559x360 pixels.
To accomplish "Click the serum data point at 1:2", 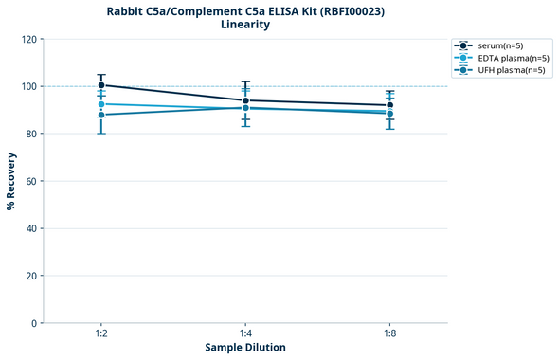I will tap(101, 85).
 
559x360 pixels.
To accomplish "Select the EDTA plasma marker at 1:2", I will tap(101, 104).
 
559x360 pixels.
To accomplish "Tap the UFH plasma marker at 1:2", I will tap(101, 115).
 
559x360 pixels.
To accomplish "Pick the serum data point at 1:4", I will tap(245, 100).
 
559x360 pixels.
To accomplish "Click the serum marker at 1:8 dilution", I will tap(389, 105).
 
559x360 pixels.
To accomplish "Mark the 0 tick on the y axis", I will tap(35, 323).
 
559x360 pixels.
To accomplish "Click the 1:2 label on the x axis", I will tap(101, 334).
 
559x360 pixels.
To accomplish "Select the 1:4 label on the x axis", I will tap(245, 334).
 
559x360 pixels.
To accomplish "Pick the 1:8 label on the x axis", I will tap(389, 334).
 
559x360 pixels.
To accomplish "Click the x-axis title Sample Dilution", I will tap(245, 348).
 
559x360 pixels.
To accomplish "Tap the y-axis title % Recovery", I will tap(11, 181).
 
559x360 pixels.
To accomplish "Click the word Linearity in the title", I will tap(245, 25).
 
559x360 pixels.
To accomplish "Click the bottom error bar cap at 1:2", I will tap(101, 134).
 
